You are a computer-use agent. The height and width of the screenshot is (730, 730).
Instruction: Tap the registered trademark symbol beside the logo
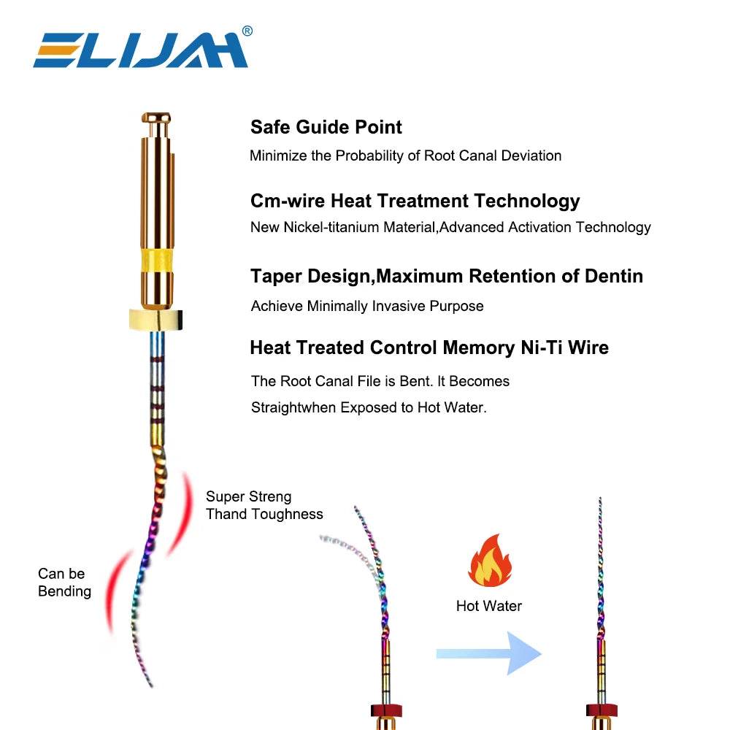click(x=247, y=31)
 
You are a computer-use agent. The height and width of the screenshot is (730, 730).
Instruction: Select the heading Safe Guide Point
click(x=326, y=127)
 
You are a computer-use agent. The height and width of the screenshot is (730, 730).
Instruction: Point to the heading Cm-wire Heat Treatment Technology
click(x=415, y=201)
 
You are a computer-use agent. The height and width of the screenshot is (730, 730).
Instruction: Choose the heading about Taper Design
click(x=446, y=276)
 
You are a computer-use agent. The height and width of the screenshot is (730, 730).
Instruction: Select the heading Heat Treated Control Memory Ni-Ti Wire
click(x=429, y=347)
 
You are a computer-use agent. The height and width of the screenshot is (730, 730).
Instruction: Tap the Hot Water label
click(x=489, y=606)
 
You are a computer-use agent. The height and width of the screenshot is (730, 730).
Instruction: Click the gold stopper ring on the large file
click(x=155, y=319)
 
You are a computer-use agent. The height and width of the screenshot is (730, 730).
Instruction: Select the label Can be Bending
click(x=64, y=583)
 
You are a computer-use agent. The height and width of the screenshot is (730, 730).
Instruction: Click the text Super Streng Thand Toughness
click(x=264, y=505)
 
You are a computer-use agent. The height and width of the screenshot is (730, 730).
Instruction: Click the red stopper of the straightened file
click(x=601, y=709)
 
